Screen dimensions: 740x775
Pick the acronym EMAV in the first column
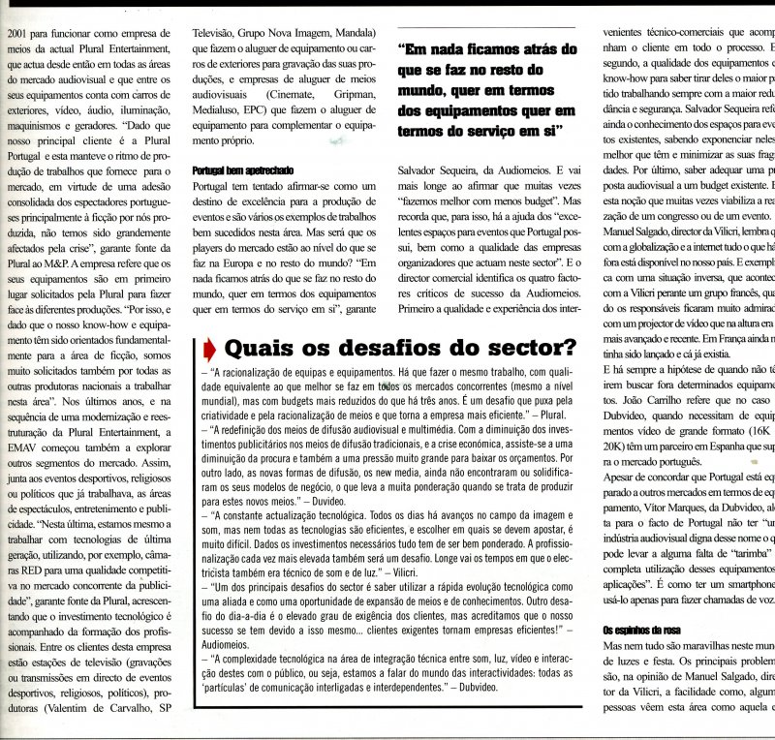[x=27, y=449]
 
